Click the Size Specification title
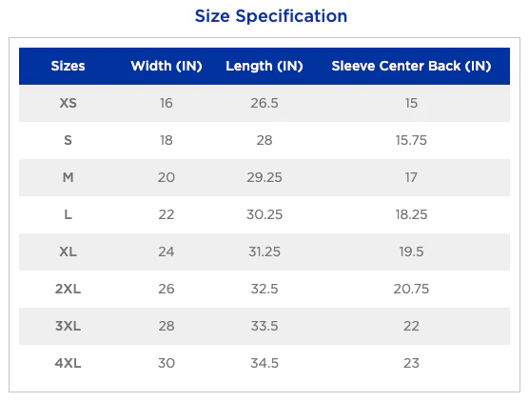(271, 16)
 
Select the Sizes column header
(68, 66)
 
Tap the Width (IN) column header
(167, 66)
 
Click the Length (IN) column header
(264, 67)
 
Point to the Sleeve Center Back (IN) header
(411, 66)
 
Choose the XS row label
(68, 103)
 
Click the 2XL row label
(68, 289)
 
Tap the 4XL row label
(68, 363)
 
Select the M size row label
(68, 177)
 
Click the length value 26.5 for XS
(264, 103)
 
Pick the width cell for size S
(167, 140)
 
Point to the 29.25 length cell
(264, 177)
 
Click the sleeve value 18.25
(411, 214)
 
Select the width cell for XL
(167, 251)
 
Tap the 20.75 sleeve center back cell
(411, 289)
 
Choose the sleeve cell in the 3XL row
(411, 326)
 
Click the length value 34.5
(264, 363)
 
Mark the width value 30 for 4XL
(167, 363)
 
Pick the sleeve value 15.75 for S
(411, 140)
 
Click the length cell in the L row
(264, 214)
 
